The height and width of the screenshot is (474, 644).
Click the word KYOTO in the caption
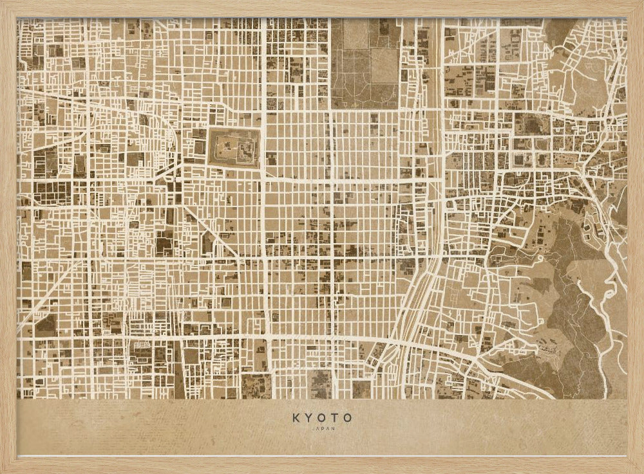point(322,417)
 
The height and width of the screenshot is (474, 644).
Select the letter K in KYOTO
point(296,417)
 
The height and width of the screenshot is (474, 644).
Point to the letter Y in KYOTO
point(308,417)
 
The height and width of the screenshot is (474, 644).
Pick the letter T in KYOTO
point(335,417)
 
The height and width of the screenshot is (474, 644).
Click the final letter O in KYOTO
point(348,417)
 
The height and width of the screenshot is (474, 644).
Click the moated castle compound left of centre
point(234,148)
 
